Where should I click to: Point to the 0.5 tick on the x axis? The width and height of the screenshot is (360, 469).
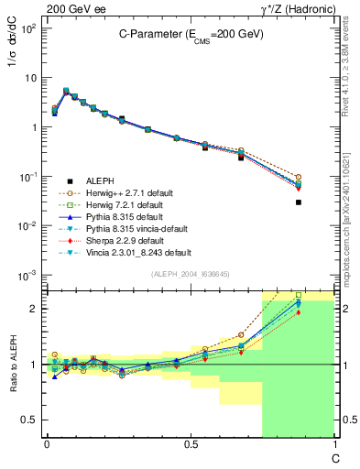[190, 446]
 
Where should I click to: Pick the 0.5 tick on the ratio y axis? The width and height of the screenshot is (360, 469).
[29, 420]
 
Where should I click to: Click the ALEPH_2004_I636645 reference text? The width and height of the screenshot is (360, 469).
[189, 276]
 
